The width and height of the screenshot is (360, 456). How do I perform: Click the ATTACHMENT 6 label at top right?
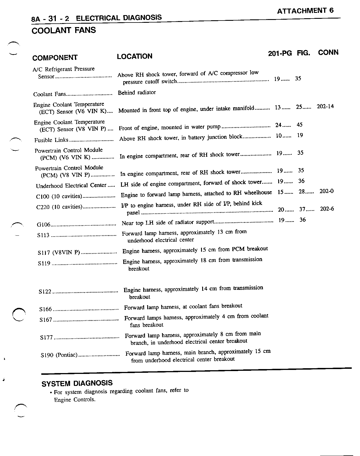tap(305, 11)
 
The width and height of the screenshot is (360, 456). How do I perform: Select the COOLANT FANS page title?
tap(64, 30)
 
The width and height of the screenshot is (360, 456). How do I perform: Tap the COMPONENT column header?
tap(55, 58)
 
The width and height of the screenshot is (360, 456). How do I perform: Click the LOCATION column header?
tap(134, 56)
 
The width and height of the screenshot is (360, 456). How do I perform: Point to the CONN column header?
tap(328, 52)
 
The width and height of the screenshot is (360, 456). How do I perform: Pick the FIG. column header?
tap(303, 53)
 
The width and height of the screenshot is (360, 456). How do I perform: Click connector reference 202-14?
tap(325, 107)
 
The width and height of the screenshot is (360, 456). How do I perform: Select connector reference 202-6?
tap(327, 209)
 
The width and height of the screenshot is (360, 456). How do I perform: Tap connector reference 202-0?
tap(326, 191)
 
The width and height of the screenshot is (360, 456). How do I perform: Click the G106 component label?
tap(44, 225)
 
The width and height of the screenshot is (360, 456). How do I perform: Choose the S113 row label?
tap(43, 235)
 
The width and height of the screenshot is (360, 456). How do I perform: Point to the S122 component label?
tap(45, 292)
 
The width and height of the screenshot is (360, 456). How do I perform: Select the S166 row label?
tap(46, 309)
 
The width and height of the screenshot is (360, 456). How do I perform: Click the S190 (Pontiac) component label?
tap(59, 355)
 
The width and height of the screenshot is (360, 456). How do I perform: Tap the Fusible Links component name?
tap(51, 140)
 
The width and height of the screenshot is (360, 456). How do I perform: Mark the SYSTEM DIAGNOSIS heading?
tap(77, 384)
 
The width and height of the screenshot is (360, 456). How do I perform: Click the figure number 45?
tap(299, 125)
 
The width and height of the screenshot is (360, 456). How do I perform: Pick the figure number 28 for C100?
tap(302, 192)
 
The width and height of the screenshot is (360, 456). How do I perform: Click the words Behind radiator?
tap(137, 93)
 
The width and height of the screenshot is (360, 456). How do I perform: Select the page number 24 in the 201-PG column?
tap(278, 125)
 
